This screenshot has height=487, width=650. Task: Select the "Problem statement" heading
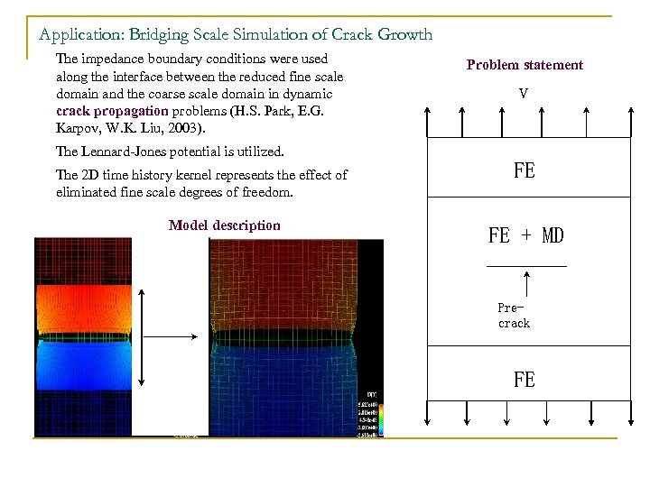[x=525, y=65]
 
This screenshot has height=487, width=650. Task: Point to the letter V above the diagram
[x=524, y=93]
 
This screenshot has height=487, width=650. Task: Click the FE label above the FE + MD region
[x=524, y=170]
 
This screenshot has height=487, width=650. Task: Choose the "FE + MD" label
[x=525, y=236]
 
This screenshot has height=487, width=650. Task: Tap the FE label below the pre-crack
[x=524, y=380]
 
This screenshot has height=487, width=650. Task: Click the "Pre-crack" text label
[x=514, y=316]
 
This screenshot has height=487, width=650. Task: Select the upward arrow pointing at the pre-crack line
[x=526, y=284]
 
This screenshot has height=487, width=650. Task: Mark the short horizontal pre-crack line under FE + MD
[x=526, y=266]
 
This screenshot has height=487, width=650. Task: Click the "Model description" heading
[x=224, y=225]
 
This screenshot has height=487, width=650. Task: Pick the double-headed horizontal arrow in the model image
[x=172, y=336]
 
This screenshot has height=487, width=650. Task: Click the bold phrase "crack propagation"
[x=111, y=111]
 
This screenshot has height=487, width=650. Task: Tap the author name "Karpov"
[x=78, y=128]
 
